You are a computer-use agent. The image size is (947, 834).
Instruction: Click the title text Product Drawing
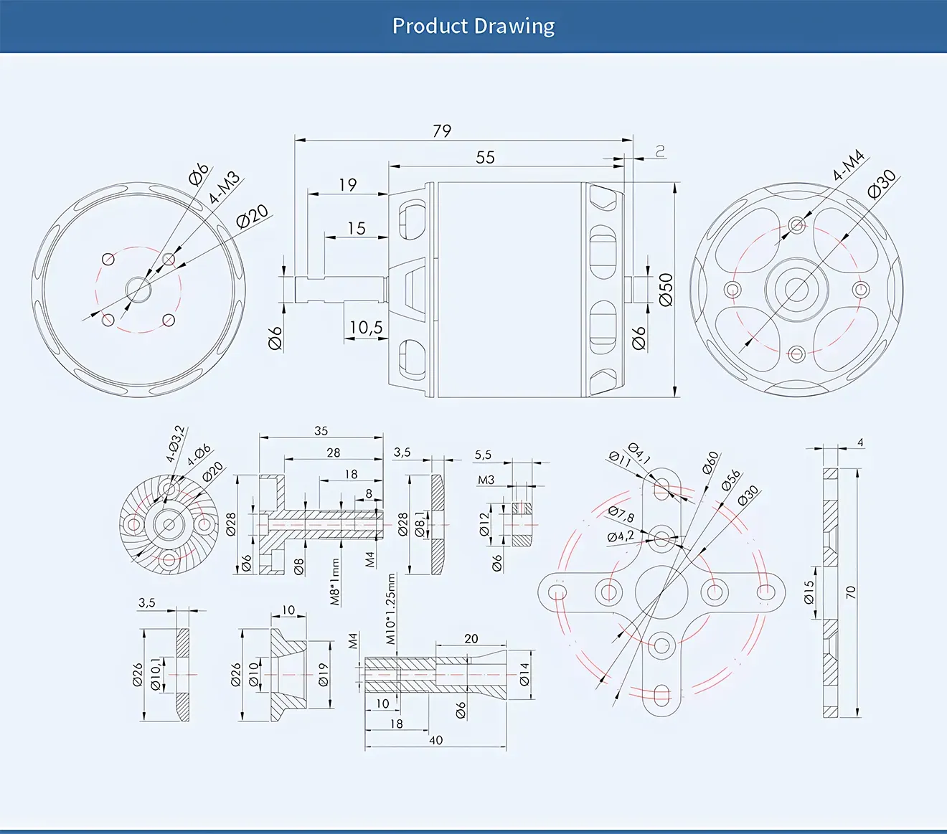point(473,27)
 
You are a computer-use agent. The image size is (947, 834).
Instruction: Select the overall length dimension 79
point(442,131)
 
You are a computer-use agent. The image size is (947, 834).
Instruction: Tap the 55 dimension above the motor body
point(485,157)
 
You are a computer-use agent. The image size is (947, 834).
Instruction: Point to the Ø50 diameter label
point(666,289)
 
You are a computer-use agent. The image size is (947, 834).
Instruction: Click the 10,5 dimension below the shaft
point(366,328)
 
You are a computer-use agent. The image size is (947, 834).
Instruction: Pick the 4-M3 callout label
point(224,188)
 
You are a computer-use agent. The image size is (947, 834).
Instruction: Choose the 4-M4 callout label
point(848,166)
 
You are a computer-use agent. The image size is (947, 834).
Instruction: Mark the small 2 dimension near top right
point(660,151)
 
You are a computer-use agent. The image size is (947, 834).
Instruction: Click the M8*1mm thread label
point(335,582)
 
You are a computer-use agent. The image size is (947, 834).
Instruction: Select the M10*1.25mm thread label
point(390,609)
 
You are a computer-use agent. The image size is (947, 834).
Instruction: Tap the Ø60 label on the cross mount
point(710,463)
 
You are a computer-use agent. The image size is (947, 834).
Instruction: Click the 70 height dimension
point(851,592)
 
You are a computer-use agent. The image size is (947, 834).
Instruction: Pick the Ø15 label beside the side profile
point(809,592)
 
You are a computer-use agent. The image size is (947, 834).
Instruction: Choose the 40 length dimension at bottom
point(435,740)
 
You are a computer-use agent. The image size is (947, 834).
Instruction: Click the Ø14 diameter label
point(524,674)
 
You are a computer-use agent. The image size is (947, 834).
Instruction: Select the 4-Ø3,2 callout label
point(176,444)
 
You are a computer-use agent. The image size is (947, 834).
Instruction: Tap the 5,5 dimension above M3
point(483,455)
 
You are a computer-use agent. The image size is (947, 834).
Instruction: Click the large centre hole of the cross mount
point(661,592)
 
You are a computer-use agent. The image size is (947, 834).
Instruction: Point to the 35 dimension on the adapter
point(321,431)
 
